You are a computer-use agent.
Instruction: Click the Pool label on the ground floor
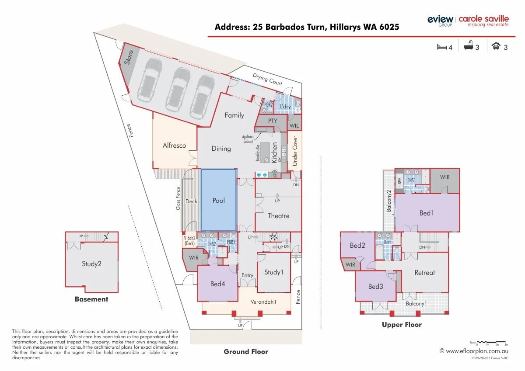(x=218, y=201)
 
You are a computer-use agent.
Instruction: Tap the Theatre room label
(x=278, y=216)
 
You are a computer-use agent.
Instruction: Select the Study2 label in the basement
(x=91, y=264)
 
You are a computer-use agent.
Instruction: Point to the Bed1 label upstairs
(x=427, y=213)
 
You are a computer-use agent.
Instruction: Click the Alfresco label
(x=174, y=146)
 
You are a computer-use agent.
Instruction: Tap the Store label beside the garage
(x=128, y=57)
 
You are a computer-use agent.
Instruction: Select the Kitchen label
(x=275, y=153)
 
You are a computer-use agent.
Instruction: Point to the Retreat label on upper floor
(x=424, y=273)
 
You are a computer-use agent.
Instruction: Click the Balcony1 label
(x=416, y=304)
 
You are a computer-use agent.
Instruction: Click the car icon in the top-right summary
(x=496, y=46)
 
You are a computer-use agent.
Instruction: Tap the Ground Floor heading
(x=245, y=351)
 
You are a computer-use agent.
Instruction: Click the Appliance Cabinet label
(x=248, y=139)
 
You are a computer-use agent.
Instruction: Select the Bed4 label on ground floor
(x=217, y=284)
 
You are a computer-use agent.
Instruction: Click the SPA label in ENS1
(x=399, y=180)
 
